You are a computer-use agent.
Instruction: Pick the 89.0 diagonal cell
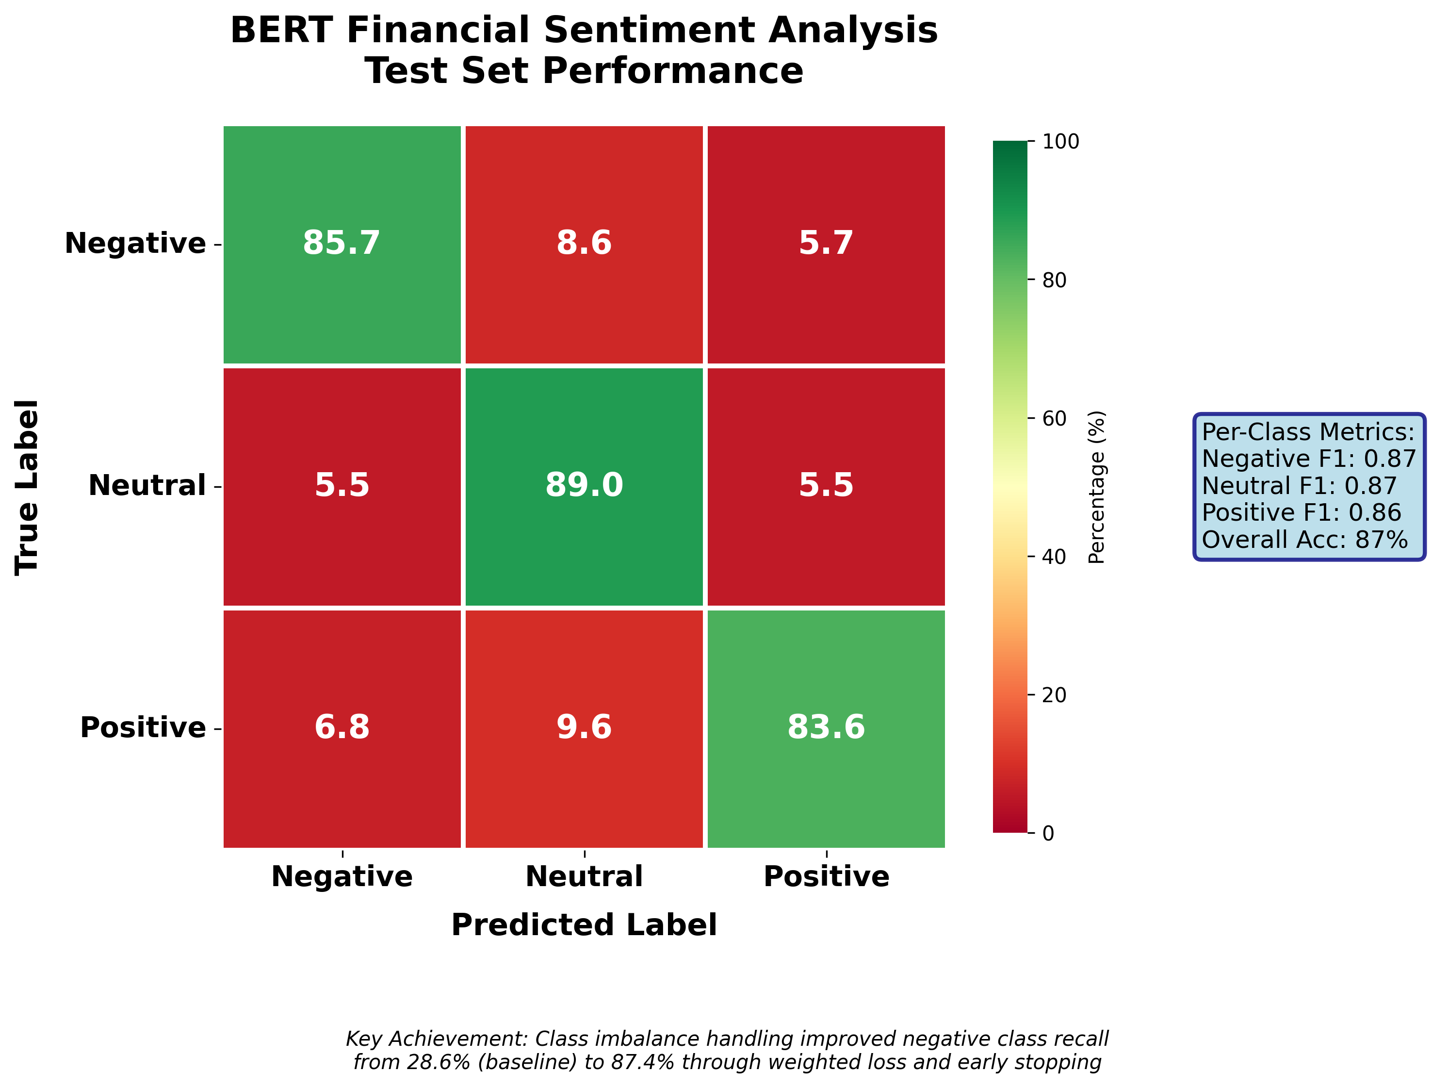pyautogui.click(x=584, y=485)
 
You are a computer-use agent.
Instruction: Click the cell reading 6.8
pyautogui.click(x=342, y=727)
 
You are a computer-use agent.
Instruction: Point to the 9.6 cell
pyautogui.click(x=584, y=727)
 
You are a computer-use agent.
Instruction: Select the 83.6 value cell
pyautogui.click(x=826, y=727)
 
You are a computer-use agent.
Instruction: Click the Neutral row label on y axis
pyautogui.click(x=147, y=486)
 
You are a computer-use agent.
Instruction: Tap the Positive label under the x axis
pyautogui.click(x=826, y=877)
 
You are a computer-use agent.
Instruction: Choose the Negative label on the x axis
pyautogui.click(x=342, y=877)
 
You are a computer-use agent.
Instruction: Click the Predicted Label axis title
pyautogui.click(x=584, y=925)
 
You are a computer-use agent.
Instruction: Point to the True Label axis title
pyautogui.click(x=27, y=487)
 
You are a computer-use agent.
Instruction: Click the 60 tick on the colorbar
pyautogui.click(x=1055, y=419)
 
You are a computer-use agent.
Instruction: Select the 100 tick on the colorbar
pyautogui.click(x=1061, y=142)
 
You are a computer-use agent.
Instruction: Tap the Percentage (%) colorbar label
pyautogui.click(x=1097, y=487)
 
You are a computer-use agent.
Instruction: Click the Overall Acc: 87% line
pyautogui.click(x=1304, y=540)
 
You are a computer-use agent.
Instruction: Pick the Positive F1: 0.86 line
pyautogui.click(x=1301, y=513)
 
